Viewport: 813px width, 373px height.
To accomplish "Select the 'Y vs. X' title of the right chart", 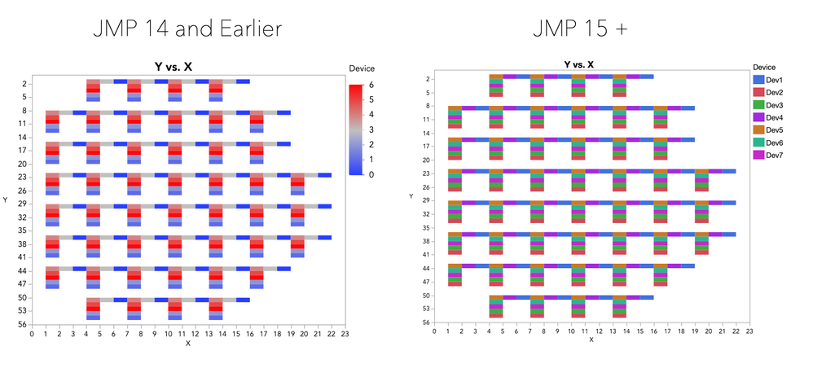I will tap(578, 64).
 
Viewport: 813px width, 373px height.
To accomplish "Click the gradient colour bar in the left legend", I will tap(355, 129).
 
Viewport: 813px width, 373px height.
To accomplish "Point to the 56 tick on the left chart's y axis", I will tap(24, 323).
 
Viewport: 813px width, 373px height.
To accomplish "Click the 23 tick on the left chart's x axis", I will tap(345, 334).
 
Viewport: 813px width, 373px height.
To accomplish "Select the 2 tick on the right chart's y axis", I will tap(428, 78).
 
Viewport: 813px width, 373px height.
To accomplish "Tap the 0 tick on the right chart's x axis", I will tap(434, 331).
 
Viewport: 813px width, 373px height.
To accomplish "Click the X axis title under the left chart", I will tap(187, 344).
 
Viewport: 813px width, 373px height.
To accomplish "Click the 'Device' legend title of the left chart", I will tap(361, 68).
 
